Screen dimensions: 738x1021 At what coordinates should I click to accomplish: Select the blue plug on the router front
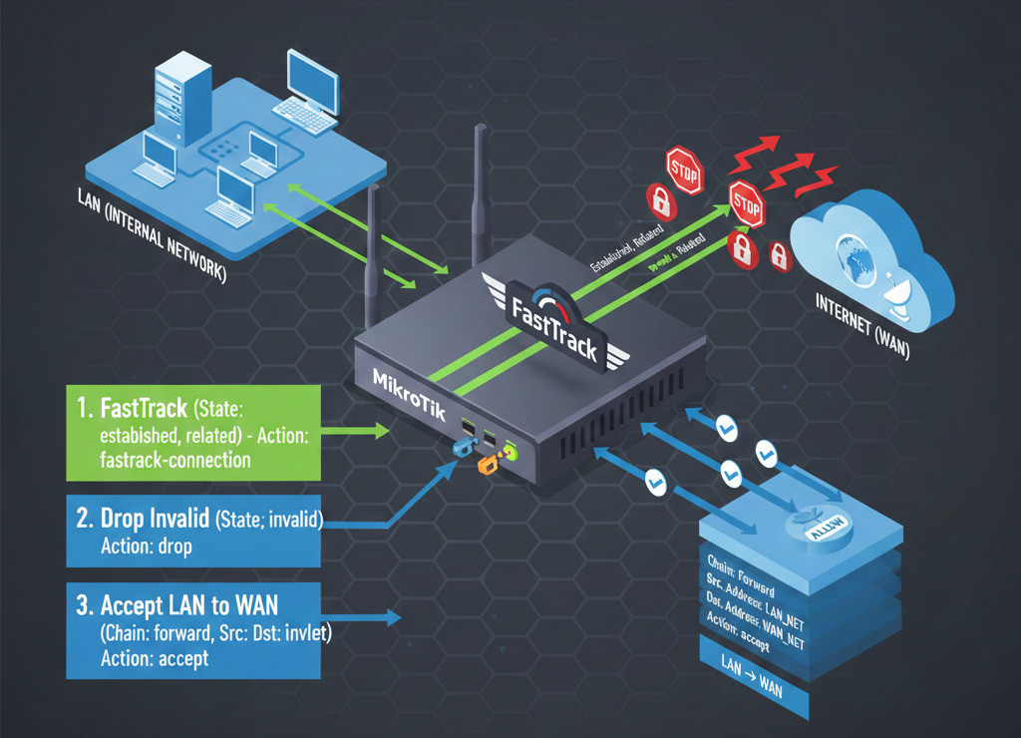pyautogui.click(x=461, y=448)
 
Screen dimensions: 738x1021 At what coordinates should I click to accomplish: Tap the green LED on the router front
pyautogui.click(x=510, y=450)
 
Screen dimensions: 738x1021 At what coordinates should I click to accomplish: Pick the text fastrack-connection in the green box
pyautogui.click(x=173, y=460)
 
